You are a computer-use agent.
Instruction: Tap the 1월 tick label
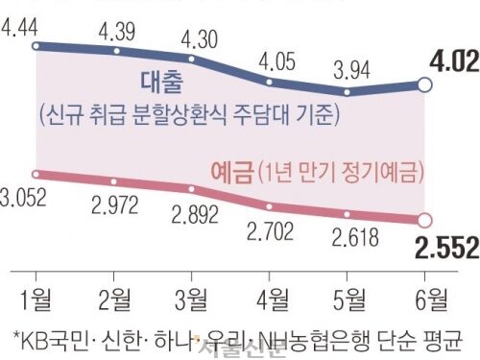pyautogui.click(x=36, y=293)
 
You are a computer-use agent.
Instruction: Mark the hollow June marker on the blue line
pyautogui.click(x=426, y=86)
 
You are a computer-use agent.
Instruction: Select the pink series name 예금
pyautogui.click(x=230, y=172)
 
